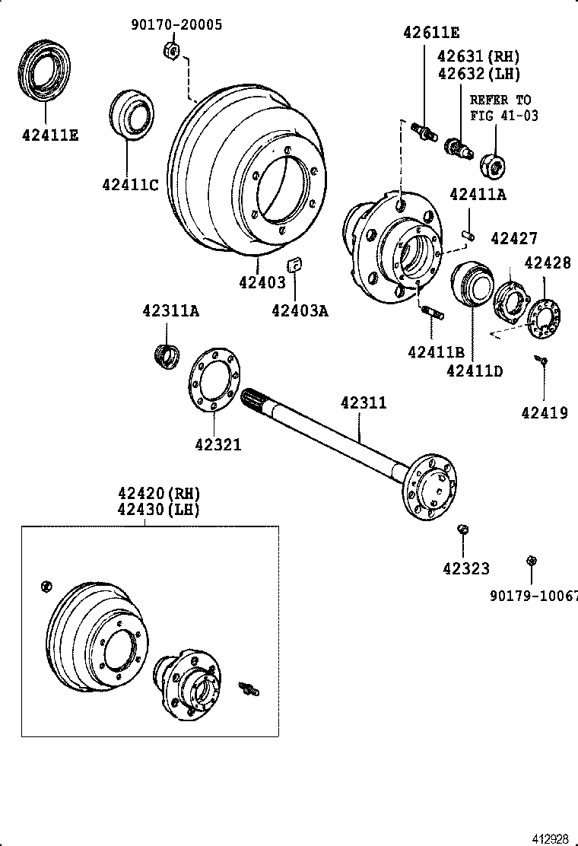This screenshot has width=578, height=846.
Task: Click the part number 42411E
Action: [50, 135]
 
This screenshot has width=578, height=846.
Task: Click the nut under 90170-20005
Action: [171, 52]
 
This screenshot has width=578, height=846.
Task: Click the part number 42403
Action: [262, 282]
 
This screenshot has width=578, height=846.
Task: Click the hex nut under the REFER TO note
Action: [494, 163]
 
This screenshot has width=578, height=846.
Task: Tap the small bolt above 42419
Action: [541, 360]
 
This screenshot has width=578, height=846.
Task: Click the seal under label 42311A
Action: [167, 355]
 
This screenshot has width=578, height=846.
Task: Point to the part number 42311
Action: [363, 403]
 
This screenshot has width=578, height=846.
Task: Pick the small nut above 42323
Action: [462, 530]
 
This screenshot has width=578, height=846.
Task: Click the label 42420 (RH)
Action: [157, 492]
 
